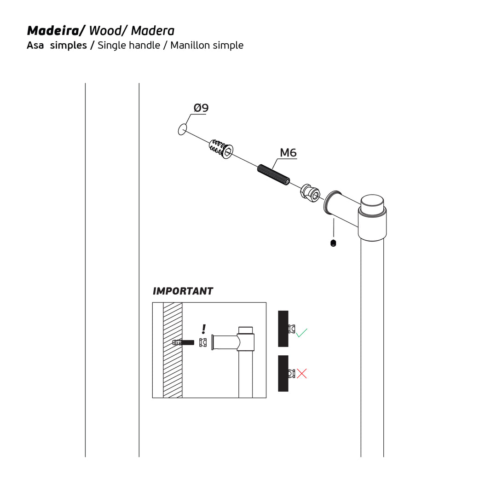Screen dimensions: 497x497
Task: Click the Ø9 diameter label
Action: tap(201, 108)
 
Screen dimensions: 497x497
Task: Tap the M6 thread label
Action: tap(288, 153)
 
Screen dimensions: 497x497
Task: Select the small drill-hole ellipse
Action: tap(182, 130)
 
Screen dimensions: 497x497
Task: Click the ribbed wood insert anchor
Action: tap(221, 149)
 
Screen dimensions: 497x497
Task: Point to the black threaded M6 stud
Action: tap(273, 175)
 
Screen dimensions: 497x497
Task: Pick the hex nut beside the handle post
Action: tap(310, 193)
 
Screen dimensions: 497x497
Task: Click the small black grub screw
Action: tap(333, 243)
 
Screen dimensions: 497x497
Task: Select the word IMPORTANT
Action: tap(183, 291)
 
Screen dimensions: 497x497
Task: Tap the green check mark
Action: tap(301, 333)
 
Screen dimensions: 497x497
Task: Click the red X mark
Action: tap(302, 373)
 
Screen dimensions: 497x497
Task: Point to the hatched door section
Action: tap(173, 350)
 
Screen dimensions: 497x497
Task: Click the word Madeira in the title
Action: tap(53, 31)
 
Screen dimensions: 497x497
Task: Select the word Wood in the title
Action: tap(105, 31)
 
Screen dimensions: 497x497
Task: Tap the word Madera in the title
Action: tap(153, 31)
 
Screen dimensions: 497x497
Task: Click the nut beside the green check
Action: tap(292, 329)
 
